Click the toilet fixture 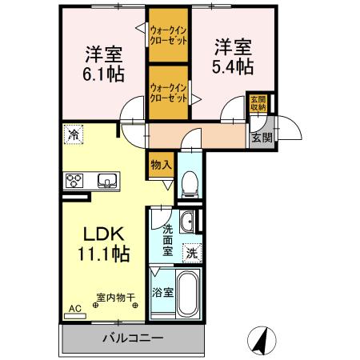189,185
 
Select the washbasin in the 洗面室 189,223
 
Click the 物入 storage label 159,165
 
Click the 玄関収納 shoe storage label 258,103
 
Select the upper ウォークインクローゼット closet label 169,35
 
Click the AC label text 74,307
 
